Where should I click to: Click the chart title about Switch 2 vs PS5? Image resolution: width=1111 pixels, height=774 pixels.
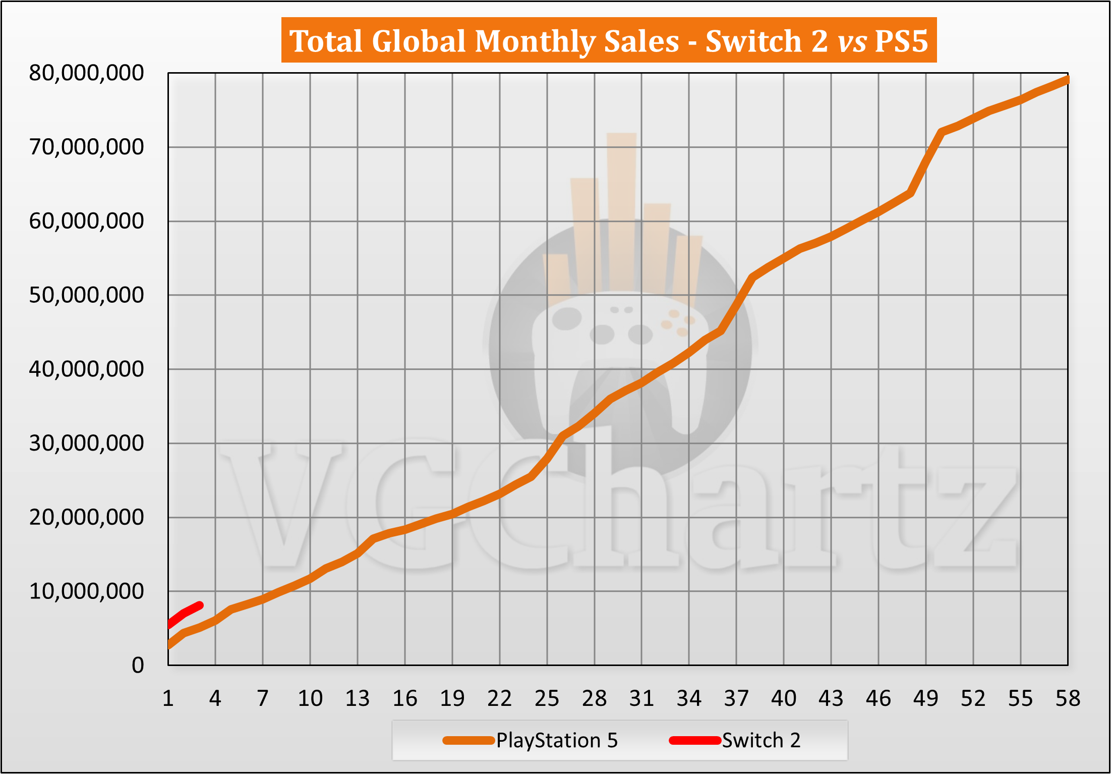pos(609,40)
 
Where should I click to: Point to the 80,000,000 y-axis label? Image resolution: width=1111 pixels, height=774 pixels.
pos(86,73)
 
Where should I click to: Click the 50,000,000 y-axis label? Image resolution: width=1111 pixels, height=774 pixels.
pos(86,295)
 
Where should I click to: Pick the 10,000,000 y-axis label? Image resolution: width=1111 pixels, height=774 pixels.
pos(86,591)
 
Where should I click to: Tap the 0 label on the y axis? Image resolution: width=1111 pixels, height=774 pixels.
pos(138,666)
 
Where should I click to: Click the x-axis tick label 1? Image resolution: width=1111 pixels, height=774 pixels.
pos(168,699)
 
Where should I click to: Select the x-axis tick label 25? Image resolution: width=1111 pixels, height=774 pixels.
pos(547,699)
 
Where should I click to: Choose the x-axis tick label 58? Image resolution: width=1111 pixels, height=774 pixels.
pos(1068,699)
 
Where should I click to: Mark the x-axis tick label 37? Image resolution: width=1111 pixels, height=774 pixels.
pos(736,699)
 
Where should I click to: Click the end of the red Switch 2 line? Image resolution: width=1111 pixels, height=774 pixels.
pos(200,605)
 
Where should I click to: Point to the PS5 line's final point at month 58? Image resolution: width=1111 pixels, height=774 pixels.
pos(1067,79)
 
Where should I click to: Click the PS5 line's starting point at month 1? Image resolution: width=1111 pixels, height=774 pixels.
pos(169,645)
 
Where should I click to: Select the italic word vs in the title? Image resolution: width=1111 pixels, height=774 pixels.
pos(852,41)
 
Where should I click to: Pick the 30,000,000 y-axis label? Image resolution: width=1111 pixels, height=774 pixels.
pos(86,443)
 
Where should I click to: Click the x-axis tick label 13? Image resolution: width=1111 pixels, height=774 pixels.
pos(357,699)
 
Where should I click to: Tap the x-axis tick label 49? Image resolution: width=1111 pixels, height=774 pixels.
pos(925,699)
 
